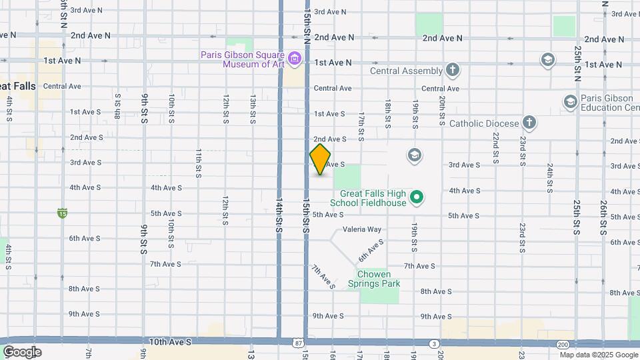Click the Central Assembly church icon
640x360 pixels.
coord(453,70)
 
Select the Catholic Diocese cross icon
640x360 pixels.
coord(529,123)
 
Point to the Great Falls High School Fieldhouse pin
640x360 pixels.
coord(417,197)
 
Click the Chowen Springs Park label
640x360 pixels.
coord(379,279)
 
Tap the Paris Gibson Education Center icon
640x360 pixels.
coord(570,102)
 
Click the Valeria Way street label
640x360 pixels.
coord(362,229)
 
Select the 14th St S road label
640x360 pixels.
coord(279,213)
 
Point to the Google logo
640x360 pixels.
coord(22,352)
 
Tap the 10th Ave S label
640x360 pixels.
coord(170,341)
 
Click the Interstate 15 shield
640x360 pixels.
coord(62,213)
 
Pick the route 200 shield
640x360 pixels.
coord(563,344)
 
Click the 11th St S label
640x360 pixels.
coord(199,163)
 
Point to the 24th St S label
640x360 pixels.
coord(549,177)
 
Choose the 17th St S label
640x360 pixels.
coord(361,126)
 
